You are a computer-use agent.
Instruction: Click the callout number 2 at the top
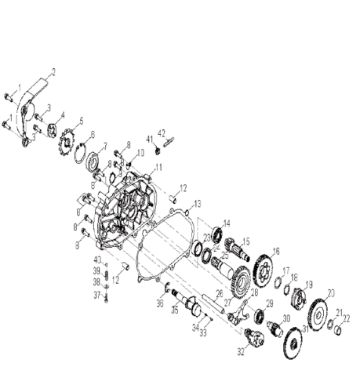coord(53,72)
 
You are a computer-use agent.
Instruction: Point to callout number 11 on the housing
coord(158,168)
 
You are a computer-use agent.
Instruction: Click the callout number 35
coord(174,310)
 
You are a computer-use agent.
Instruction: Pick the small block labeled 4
coord(53,127)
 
